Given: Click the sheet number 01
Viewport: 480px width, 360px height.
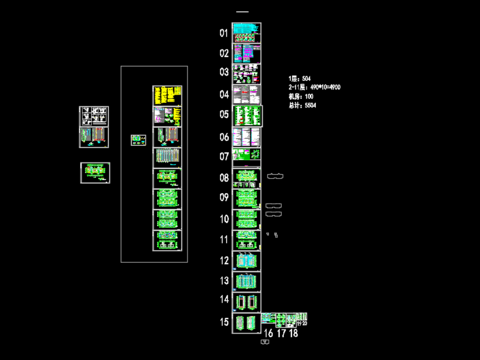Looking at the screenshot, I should click(x=224, y=33).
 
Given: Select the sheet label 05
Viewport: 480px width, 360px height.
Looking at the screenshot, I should click(x=224, y=115).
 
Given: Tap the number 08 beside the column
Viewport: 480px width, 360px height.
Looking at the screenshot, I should click(x=224, y=178).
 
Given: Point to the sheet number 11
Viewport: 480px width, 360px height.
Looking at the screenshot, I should click(x=224, y=240).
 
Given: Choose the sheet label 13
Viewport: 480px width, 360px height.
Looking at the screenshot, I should click(x=224, y=281).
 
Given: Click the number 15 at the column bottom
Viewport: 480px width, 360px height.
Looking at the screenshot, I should click(x=224, y=322).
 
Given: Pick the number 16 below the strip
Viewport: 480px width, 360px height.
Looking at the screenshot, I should click(x=268, y=333).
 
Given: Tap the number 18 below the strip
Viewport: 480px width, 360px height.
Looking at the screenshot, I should click(x=294, y=333).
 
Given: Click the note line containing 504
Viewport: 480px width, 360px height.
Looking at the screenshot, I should click(x=299, y=77).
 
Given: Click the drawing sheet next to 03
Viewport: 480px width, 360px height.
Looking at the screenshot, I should click(x=246, y=74).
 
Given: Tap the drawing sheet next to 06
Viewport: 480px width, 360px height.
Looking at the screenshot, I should click(x=246, y=136).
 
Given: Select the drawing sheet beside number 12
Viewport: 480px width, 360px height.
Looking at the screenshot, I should click(x=246, y=260).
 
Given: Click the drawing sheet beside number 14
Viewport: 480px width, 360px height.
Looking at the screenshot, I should click(x=246, y=301).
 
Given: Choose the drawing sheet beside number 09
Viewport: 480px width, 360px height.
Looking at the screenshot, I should click(x=246, y=198).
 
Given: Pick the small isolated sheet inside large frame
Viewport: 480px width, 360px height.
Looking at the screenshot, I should click(x=136, y=140).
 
